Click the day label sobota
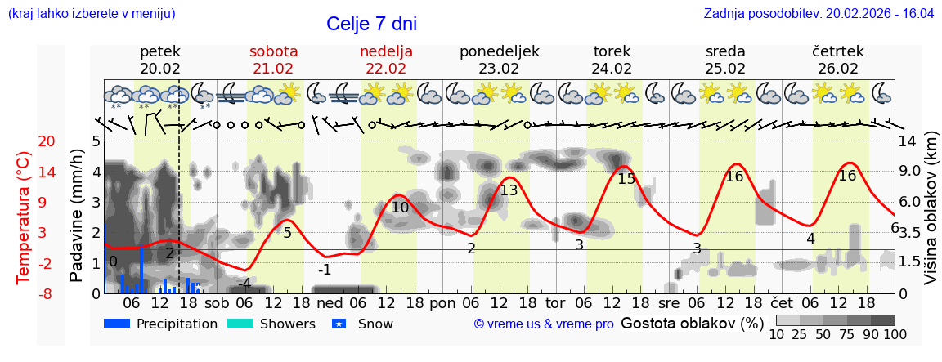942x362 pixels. point(273,51)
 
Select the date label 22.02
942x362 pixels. point(386,69)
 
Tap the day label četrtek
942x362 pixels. point(838,51)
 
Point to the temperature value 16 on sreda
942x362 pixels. point(734,177)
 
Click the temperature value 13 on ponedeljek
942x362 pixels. point(509,190)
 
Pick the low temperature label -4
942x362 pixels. point(244,284)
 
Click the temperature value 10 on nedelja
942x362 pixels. point(400,208)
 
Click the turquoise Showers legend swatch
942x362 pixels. point(240,324)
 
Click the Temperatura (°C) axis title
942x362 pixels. point(23,217)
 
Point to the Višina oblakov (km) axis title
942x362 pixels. point(930,217)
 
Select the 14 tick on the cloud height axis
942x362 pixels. point(908,141)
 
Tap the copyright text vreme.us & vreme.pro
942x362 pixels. point(544,324)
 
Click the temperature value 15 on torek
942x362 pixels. point(626,179)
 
